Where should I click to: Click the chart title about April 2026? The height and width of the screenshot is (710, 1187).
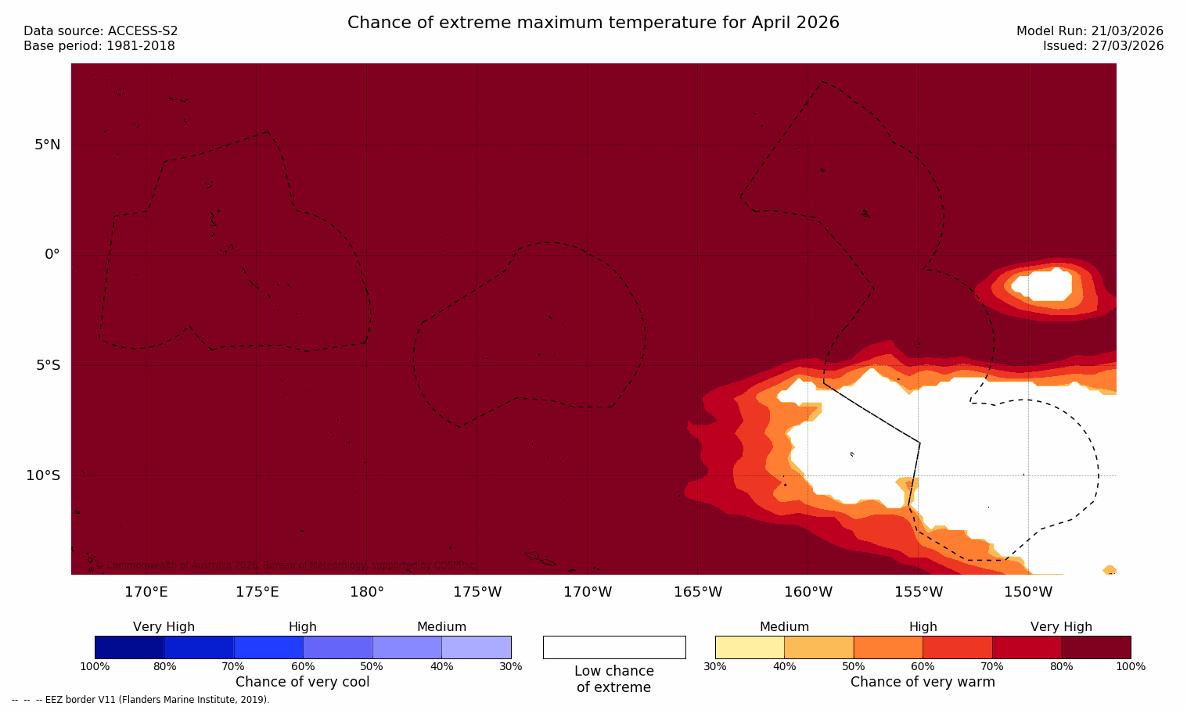(x=593, y=23)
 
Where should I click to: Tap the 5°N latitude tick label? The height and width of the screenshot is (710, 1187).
(x=47, y=145)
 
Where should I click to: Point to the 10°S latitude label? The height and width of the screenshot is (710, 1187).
(x=43, y=475)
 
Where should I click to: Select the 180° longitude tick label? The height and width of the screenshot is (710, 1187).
(x=366, y=592)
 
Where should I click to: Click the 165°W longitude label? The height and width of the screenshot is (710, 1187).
(x=698, y=592)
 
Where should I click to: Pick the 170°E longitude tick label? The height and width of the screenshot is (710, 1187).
(x=146, y=592)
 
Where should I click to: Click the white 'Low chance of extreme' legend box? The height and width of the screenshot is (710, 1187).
(x=614, y=647)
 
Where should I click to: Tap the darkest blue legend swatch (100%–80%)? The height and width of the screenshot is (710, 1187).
(x=129, y=647)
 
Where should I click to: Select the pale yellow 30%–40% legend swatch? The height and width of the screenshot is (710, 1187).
(x=750, y=647)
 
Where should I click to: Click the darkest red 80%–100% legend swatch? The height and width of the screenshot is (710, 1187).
(x=1095, y=647)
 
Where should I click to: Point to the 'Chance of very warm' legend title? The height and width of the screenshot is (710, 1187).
(x=923, y=682)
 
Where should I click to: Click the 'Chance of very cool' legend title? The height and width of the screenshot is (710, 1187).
(x=302, y=682)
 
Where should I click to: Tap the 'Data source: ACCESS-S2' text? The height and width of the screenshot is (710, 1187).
(x=101, y=31)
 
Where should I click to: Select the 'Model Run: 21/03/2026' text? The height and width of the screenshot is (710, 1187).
(x=1089, y=31)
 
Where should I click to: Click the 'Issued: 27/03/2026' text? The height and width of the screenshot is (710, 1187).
(x=1102, y=46)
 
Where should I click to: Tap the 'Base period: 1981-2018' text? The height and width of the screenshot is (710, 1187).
(x=99, y=46)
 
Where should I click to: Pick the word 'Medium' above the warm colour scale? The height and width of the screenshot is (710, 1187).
(x=784, y=627)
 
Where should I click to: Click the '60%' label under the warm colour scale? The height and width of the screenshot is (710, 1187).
(x=923, y=667)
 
